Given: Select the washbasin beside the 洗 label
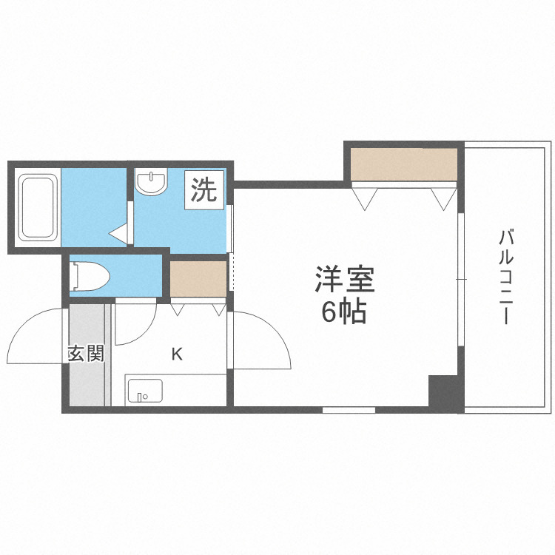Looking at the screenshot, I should (152, 182).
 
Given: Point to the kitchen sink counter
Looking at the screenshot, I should (175, 390).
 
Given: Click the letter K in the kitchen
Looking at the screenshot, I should (177, 354).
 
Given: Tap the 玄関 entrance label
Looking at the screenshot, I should (86, 354).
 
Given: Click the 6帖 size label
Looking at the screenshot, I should (343, 314).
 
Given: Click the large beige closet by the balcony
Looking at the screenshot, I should (404, 164).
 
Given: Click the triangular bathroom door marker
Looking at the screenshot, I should (119, 235).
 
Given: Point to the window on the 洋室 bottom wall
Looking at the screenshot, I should (349, 409).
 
